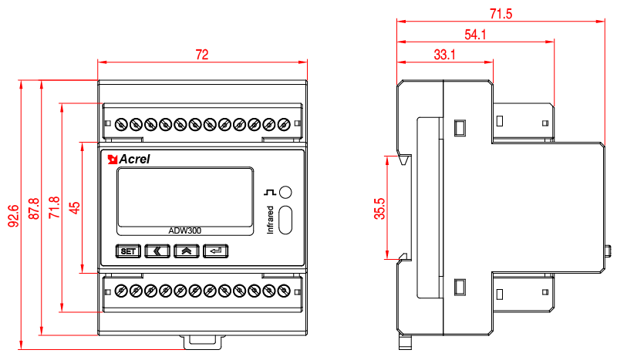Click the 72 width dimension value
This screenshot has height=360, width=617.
tap(202, 55)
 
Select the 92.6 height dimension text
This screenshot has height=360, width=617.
tap(13, 217)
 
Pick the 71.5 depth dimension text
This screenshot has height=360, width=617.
tap(501, 13)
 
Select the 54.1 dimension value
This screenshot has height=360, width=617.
tap(475, 34)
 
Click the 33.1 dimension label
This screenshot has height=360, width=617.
tap(444, 55)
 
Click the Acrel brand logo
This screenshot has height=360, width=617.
tap(129, 160)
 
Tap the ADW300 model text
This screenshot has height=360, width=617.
tap(185, 230)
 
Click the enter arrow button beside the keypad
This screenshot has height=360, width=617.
tap(217, 251)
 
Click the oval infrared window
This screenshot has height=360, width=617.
tap(285, 220)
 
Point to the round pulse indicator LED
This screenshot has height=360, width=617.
tap(286, 192)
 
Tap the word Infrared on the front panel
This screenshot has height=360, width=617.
tap(270, 220)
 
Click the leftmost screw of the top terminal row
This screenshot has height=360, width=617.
tap(121, 124)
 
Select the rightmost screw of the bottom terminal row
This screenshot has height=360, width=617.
tap(284, 291)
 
